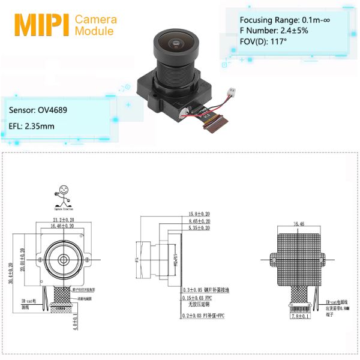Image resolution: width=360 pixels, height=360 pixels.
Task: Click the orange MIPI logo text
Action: coord(41,25)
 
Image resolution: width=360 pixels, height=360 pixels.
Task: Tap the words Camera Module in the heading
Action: coord(95,25)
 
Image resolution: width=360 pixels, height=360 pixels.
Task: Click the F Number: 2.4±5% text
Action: coord(274,30)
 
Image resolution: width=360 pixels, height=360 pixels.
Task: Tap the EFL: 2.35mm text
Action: coord(32,126)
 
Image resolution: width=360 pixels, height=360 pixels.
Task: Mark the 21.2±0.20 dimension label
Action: coord(64,220)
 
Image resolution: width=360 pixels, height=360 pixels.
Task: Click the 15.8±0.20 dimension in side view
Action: coord(199,214)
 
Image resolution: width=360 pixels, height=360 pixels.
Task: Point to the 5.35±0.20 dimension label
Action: coord(199,228)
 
